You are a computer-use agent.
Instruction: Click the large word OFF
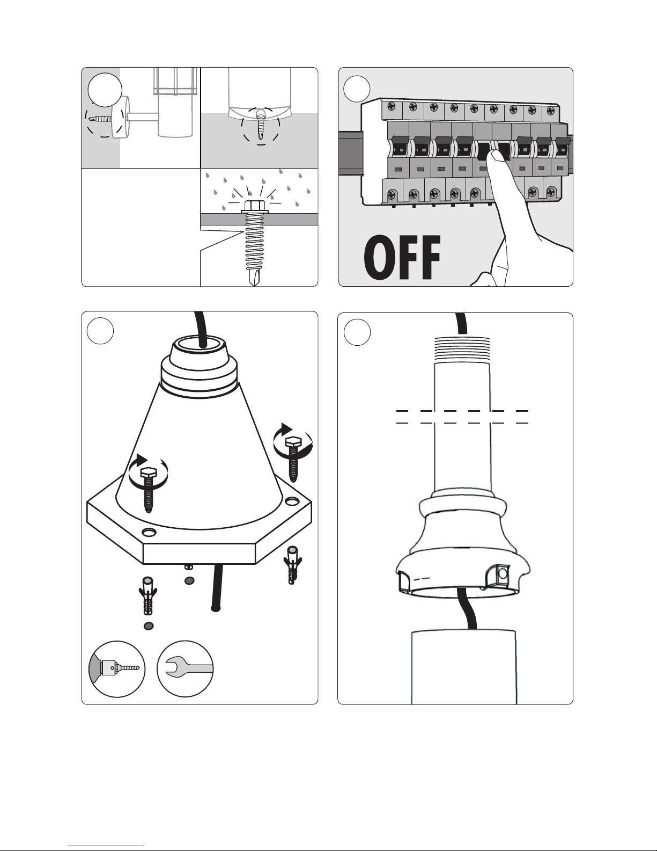click(402, 257)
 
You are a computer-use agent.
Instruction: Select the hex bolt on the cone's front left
click(149, 489)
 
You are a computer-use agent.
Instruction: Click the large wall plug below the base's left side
click(147, 596)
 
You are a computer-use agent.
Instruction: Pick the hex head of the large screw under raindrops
click(255, 207)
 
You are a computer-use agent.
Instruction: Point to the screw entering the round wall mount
click(99, 119)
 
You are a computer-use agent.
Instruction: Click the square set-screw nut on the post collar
click(501, 574)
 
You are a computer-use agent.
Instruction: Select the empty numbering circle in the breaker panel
click(357, 89)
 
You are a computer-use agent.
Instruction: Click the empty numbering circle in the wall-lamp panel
click(105, 90)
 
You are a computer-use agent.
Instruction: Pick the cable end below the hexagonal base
click(215, 608)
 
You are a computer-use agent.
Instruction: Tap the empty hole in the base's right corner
click(291, 501)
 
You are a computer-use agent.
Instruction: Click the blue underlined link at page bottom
click(106, 846)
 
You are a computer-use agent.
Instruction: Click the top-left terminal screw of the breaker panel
click(391, 106)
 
